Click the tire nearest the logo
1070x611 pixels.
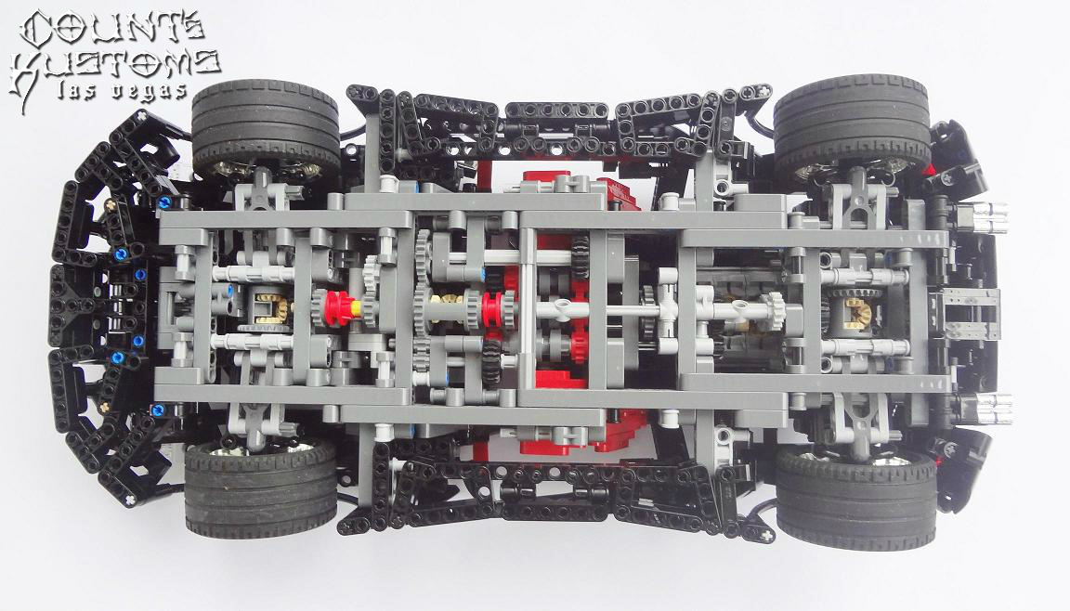tap(267, 125)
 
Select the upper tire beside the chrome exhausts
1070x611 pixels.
tap(852, 122)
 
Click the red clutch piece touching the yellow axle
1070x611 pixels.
tap(338, 308)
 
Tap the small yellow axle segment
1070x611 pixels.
tap(357, 308)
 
